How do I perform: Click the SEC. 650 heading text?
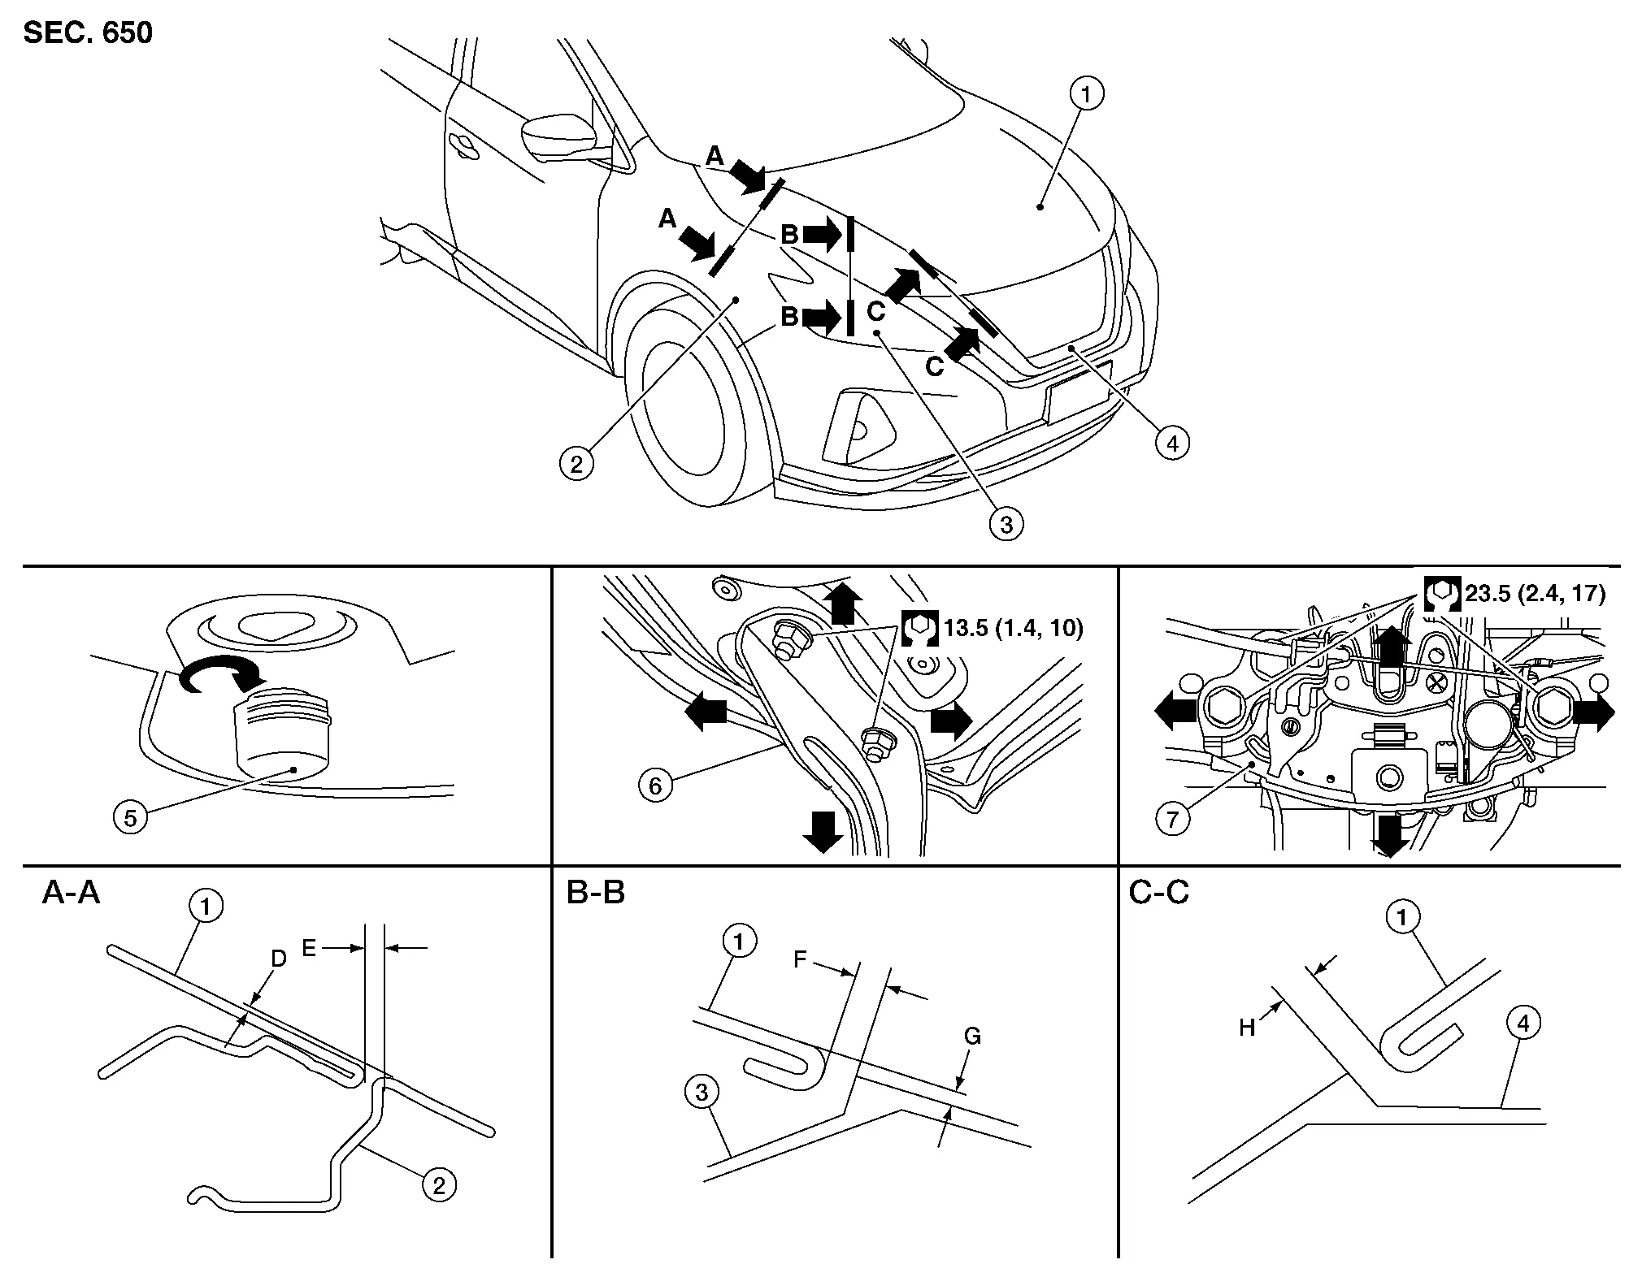point(88,32)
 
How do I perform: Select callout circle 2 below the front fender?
point(576,464)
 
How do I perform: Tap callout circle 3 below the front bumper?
point(1006,524)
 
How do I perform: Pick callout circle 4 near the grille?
point(1171,444)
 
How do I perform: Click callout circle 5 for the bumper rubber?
point(131,817)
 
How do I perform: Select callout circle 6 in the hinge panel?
point(655,786)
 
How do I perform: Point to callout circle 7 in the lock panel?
point(1172,819)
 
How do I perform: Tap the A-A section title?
point(71,894)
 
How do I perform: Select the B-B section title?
point(596,894)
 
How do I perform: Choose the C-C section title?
point(1158,894)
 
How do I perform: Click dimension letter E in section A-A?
point(309,947)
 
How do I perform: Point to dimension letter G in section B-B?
point(972,1037)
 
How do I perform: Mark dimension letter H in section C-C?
point(1248,1028)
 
